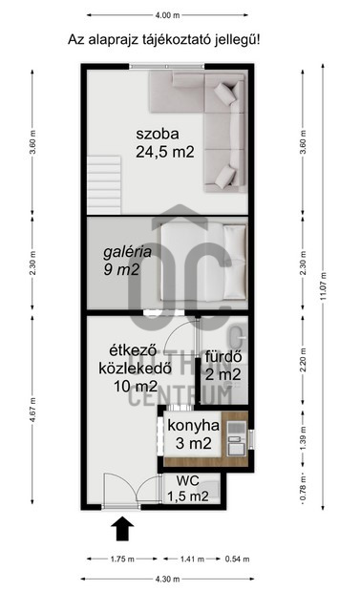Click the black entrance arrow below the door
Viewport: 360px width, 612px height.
(x=122, y=529)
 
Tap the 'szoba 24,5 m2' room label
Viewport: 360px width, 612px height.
(x=165, y=143)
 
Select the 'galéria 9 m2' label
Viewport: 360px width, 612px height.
(x=127, y=261)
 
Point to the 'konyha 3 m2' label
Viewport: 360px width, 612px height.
(x=193, y=434)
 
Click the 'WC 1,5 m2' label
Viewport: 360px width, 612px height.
(x=187, y=488)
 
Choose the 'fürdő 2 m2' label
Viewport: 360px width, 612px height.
(x=224, y=366)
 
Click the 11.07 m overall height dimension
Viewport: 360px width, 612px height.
(x=323, y=286)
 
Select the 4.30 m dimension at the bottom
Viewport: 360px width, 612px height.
(x=167, y=579)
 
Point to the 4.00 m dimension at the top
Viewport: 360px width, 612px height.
(x=167, y=15)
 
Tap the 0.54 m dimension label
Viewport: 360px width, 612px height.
(x=237, y=559)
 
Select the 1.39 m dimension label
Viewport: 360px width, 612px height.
(x=303, y=438)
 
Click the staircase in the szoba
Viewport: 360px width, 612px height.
(x=104, y=184)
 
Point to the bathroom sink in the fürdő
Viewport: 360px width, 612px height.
(x=237, y=337)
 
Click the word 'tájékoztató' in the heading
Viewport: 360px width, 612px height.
(x=179, y=39)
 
